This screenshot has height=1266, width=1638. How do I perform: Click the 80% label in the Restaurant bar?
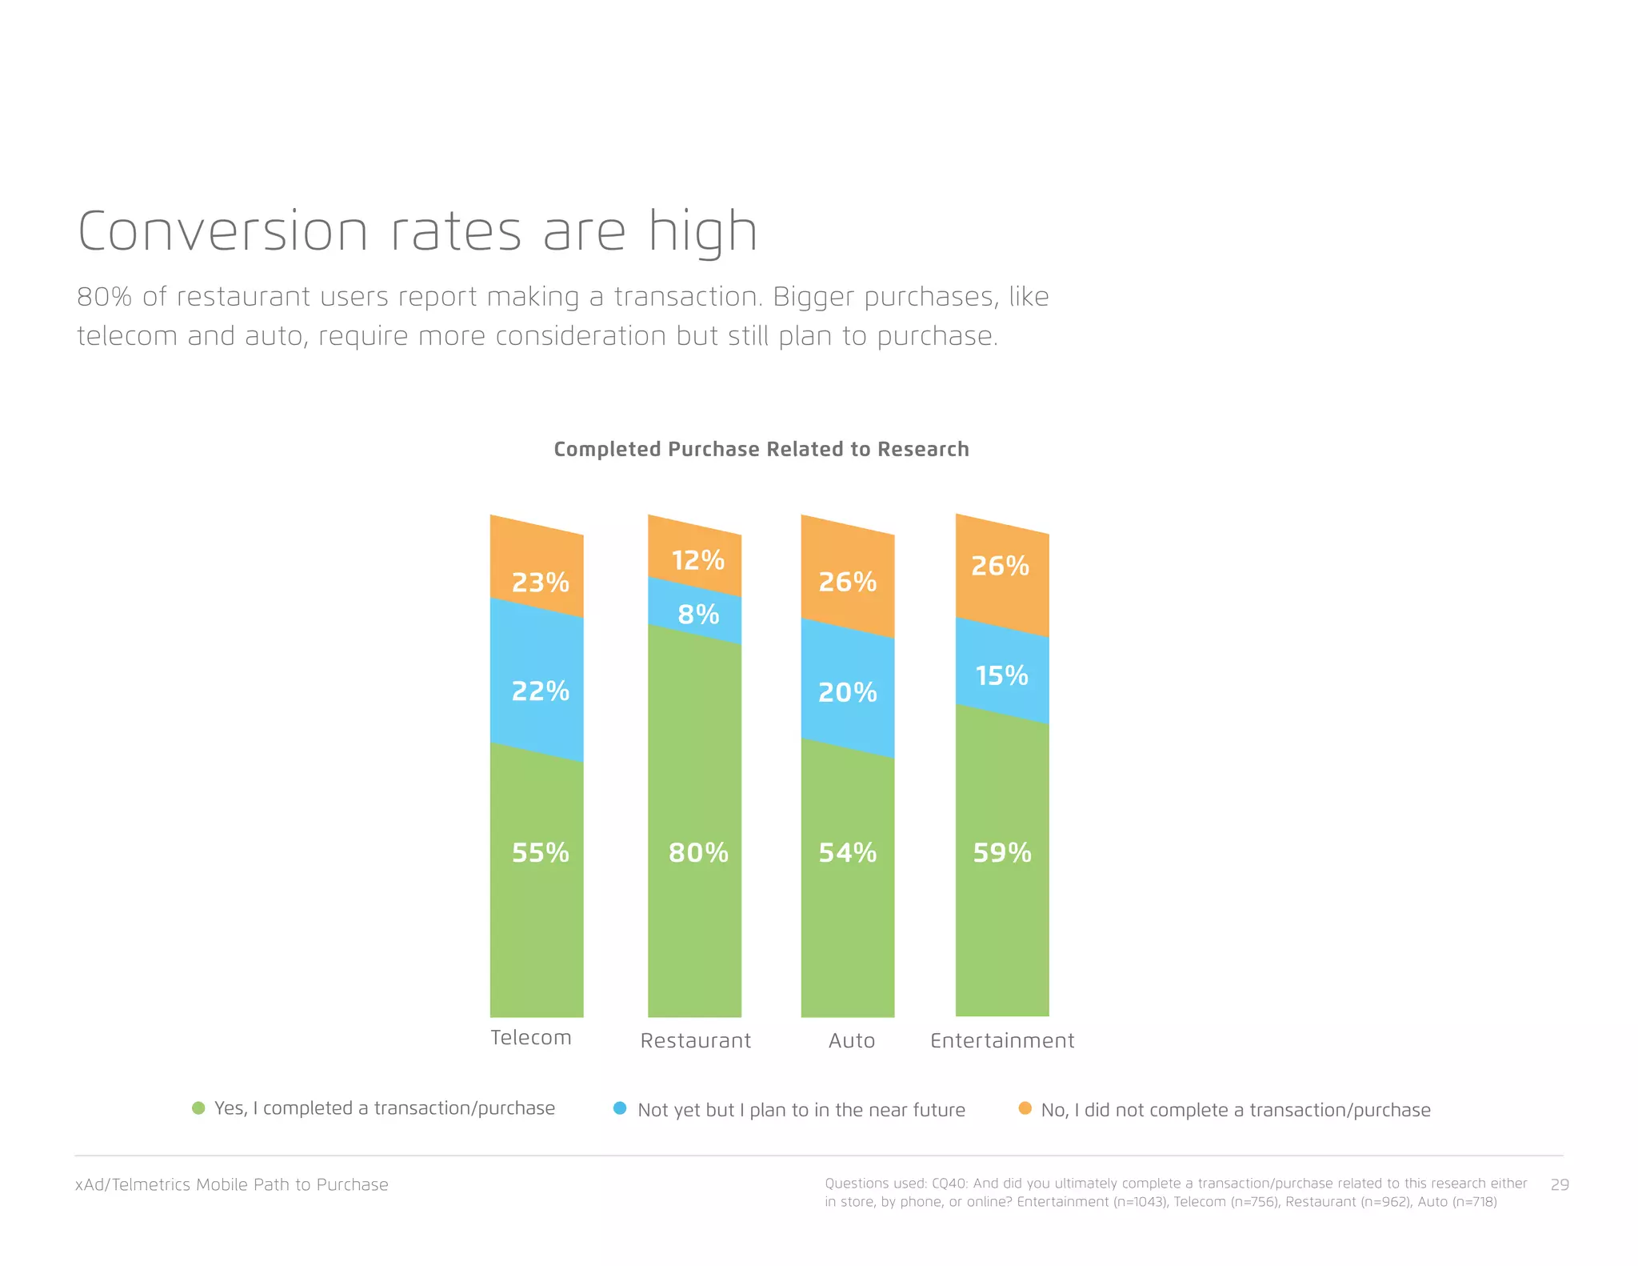click(x=698, y=853)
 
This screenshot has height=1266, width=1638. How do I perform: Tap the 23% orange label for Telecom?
click(x=540, y=583)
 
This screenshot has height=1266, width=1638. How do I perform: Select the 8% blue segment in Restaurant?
click(x=698, y=615)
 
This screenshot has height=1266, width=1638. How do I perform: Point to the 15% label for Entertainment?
click(x=1001, y=676)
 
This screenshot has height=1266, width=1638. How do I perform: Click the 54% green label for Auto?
click(x=847, y=853)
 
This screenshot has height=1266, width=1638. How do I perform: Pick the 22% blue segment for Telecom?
click(x=540, y=691)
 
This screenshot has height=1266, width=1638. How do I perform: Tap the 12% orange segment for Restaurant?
click(x=697, y=560)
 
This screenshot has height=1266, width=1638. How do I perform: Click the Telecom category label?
click(x=531, y=1038)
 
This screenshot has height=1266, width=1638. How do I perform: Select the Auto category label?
click(x=852, y=1041)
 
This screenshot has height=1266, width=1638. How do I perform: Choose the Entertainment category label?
click(x=1002, y=1041)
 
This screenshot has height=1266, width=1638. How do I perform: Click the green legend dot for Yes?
click(x=198, y=1108)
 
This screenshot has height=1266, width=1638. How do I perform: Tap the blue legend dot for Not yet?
click(x=620, y=1108)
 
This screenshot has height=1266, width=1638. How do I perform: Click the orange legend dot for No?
click(x=1025, y=1108)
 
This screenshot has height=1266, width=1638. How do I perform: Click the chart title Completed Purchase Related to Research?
click(x=761, y=450)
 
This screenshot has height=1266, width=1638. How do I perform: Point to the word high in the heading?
click(x=702, y=232)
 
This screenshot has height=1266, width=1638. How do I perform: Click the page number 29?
click(x=1560, y=1185)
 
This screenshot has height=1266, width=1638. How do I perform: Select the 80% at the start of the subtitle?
click(x=104, y=297)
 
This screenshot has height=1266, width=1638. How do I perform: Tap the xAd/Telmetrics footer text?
click(x=232, y=1185)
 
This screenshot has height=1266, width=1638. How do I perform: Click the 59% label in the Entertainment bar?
click(x=1001, y=853)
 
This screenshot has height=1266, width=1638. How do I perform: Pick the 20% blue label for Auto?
click(x=847, y=693)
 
